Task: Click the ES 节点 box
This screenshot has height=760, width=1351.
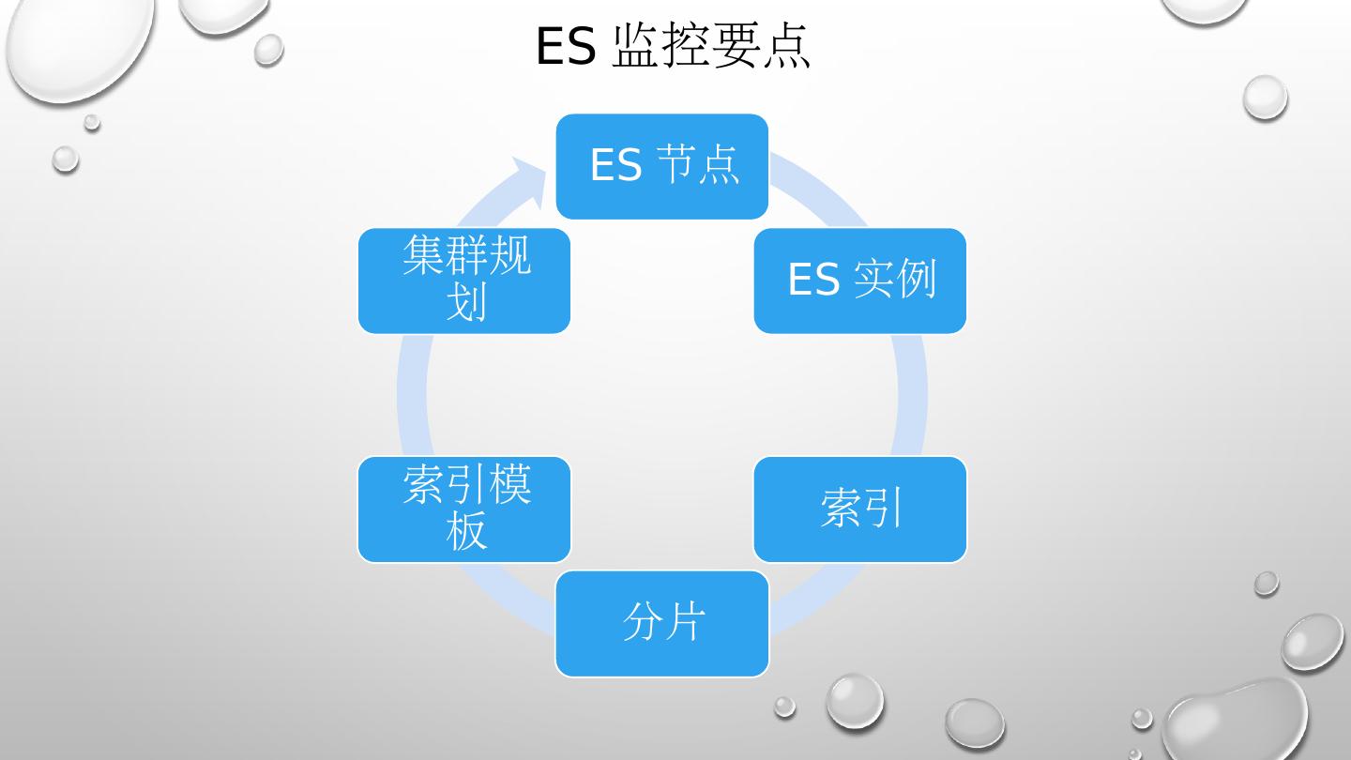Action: click(662, 166)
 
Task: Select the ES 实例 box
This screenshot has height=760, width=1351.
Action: click(860, 281)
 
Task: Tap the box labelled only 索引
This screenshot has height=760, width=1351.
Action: click(860, 509)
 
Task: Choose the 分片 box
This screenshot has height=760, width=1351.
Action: click(662, 624)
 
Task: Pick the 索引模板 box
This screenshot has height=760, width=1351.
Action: click(464, 509)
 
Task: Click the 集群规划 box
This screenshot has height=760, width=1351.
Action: click(464, 281)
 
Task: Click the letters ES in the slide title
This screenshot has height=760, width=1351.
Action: click(565, 46)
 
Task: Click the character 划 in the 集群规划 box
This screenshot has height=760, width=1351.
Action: click(466, 302)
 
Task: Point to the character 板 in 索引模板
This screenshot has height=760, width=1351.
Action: click(466, 531)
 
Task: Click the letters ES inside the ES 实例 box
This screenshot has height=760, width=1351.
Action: click(812, 281)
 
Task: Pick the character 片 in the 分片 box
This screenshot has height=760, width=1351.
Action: click(685, 622)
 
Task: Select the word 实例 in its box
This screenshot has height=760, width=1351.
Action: click(896, 280)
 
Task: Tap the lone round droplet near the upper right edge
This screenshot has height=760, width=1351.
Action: click(1265, 98)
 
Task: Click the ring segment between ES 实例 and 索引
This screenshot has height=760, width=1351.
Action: click(912, 394)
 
